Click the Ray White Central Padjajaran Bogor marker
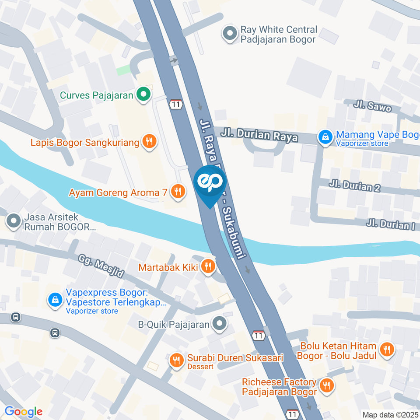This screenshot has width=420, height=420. [x=229, y=34]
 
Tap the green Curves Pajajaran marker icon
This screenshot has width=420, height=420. [x=143, y=94]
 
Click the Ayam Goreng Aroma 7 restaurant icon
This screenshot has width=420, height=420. [x=177, y=191]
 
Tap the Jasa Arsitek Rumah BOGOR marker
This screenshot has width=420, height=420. [x=14, y=221]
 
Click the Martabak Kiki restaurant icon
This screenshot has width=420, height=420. [x=207, y=266]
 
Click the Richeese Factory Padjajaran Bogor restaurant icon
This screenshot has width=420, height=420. [x=326, y=385]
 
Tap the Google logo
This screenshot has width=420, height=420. [x=23, y=411]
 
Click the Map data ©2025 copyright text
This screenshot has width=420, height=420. [x=390, y=414]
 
